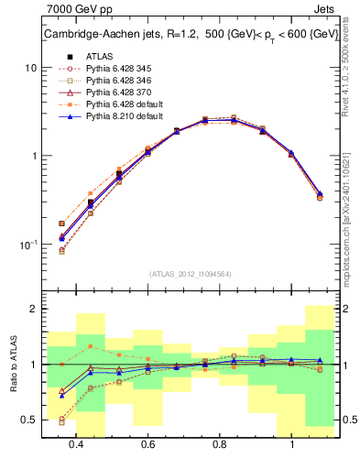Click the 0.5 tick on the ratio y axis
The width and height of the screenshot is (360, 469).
(x=29, y=420)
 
